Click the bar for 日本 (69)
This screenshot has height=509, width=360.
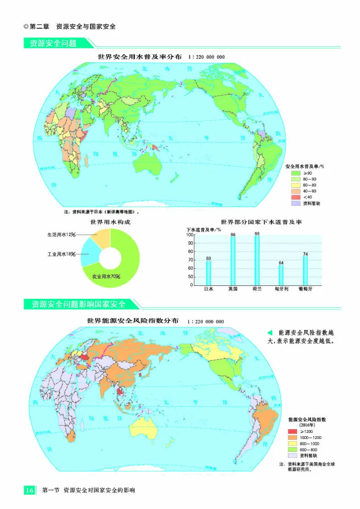coord(208,273)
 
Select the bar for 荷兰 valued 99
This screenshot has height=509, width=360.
coord(257,261)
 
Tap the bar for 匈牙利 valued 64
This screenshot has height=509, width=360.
coord(281,275)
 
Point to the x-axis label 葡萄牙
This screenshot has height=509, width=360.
coord(306,289)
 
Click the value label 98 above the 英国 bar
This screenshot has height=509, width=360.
coord(233,234)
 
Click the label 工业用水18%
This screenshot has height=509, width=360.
coord(61,254)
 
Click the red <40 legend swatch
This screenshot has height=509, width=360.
coord(295,197)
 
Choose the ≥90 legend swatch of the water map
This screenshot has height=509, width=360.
coord(295,173)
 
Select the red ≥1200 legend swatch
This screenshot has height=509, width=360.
coord(292,432)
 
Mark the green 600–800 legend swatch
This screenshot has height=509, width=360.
coord(292,449)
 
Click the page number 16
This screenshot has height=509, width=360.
coord(29,490)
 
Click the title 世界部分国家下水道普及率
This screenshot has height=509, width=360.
coord(261,222)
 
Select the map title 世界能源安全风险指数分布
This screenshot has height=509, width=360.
coord(133,321)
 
